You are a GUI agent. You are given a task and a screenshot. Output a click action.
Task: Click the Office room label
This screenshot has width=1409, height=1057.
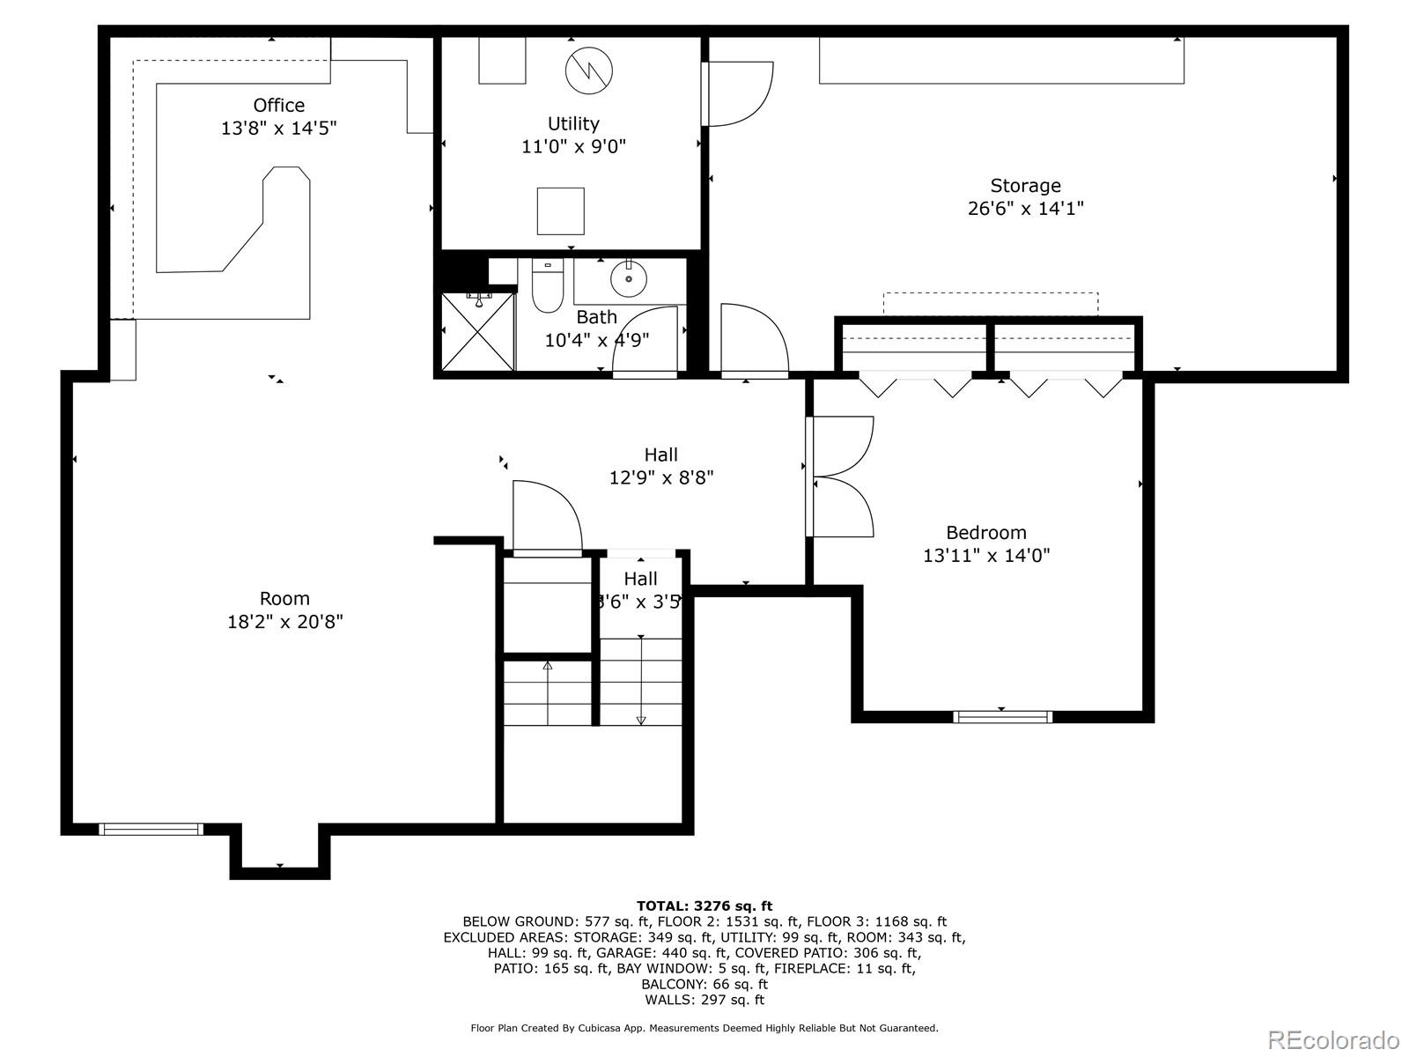[278, 106]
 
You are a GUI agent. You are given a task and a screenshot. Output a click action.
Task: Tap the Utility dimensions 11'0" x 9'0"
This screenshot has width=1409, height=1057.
[573, 146]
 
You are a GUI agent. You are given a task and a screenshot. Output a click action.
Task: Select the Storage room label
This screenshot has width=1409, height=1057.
[1025, 186]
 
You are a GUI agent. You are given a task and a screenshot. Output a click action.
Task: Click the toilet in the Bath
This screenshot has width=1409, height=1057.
[547, 286]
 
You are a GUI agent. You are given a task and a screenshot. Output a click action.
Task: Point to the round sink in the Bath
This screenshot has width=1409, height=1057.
[629, 278]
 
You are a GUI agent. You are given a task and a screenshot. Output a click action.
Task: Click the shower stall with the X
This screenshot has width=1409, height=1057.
[477, 331]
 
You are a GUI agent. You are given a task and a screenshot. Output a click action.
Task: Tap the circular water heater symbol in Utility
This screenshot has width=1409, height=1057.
[589, 71]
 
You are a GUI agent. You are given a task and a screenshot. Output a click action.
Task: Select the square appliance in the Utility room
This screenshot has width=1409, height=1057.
[561, 211]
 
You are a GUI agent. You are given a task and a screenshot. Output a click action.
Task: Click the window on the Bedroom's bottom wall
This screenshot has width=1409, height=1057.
[1003, 717]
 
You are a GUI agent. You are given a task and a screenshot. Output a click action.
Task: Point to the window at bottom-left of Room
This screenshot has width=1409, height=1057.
[151, 829]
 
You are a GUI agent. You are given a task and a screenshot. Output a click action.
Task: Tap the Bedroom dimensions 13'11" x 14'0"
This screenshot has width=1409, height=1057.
[986, 556]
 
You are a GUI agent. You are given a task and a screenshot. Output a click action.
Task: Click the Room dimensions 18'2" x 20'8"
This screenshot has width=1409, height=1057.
[284, 622]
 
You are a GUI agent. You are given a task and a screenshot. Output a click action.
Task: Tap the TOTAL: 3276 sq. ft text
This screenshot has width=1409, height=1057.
[704, 905]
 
